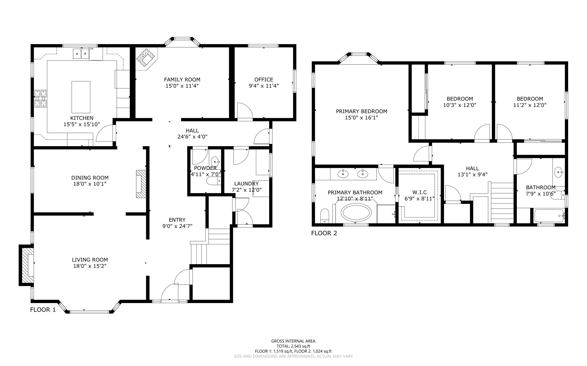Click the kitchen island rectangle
[81, 97]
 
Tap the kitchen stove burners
[40, 98]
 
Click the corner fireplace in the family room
[146, 59]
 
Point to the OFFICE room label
[264, 80]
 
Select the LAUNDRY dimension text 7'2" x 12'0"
[246, 190]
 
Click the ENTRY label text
[177, 220]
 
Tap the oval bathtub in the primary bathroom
[356, 213]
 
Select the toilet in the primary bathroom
[324, 215]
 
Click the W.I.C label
[419, 192]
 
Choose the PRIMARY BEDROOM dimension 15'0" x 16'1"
[361, 118]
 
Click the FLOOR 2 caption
[324, 233]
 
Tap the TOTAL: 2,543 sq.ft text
[293, 346]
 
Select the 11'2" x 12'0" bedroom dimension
[530, 105]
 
